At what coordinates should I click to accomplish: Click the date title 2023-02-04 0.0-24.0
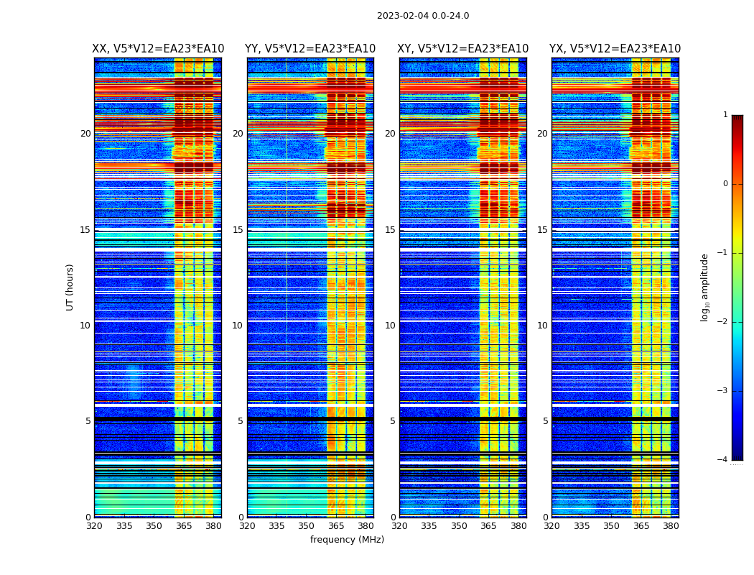pos(423,16)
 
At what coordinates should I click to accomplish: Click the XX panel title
pos(158,49)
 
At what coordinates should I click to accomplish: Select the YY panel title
pos(310,49)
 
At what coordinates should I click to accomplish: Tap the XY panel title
pos(463,49)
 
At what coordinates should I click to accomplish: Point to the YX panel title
pos(615,49)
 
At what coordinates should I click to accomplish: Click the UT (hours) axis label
pos(70,287)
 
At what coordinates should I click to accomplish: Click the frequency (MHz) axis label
pos(347,540)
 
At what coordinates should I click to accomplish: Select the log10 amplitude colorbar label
pos(705,287)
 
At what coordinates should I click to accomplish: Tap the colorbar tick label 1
pos(725,115)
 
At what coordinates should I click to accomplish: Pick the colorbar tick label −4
pos(723,460)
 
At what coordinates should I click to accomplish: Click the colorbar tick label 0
pos(725,184)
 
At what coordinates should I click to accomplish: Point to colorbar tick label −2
pos(723,322)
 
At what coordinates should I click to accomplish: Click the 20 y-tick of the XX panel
pos(85,134)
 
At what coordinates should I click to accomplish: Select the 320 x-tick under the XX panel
pos(94,526)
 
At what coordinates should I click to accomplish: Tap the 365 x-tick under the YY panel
pos(337,526)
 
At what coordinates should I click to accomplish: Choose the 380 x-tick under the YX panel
pos(671,526)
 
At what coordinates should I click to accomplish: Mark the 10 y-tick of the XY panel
pos(390,326)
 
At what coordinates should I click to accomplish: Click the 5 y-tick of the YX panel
pos(545,421)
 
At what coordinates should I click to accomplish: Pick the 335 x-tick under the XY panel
pos(429,526)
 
